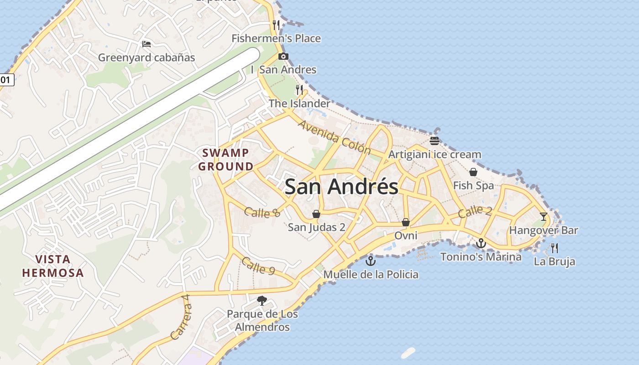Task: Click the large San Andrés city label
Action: [x=341, y=187]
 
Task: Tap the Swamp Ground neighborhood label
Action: [x=225, y=159]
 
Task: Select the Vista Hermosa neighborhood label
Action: [x=53, y=266]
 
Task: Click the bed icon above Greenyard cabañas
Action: [x=147, y=44]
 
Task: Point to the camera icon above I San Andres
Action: [x=283, y=57]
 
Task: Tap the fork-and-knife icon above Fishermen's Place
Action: [x=276, y=25]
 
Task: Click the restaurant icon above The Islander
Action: [x=299, y=90]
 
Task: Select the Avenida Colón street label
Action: [x=335, y=136]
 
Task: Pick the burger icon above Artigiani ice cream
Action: [x=434, y=141]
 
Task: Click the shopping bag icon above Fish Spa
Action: [x=473, y=172]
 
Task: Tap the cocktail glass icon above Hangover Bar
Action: [x=543, y=216]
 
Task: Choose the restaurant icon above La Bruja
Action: [x=555, y=248]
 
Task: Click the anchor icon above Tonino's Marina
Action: [x=481, y=243]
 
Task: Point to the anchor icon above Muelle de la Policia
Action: [x=371, y=261]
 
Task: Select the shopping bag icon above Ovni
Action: [x=405, y=222]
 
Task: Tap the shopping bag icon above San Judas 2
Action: [x=316, y=214]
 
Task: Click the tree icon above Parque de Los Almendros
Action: [x=262, y=300]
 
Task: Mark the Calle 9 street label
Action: [x=258, y=266]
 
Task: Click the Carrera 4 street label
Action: [x=180, y=317]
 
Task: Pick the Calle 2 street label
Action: [x=475, y=211]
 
